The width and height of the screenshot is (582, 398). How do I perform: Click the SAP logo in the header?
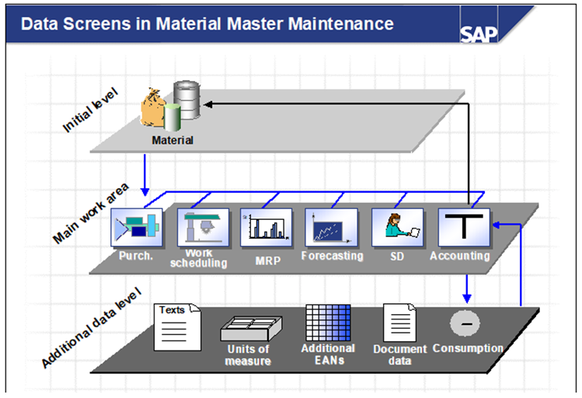(x=478, y=33)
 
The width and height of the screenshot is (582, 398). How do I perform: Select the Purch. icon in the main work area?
(x=137, y=228)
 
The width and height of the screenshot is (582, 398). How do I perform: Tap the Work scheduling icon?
(x=202, y=228)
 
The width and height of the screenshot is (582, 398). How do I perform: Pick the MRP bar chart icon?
(x=267, y=228)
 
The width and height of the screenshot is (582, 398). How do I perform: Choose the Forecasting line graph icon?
(x=332, y=228)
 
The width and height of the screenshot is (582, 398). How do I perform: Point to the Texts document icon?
(x=178, y=326)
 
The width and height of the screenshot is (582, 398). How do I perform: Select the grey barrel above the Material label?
(x=186, y=98)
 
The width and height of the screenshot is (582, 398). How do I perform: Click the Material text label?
(x=173, y=141)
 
